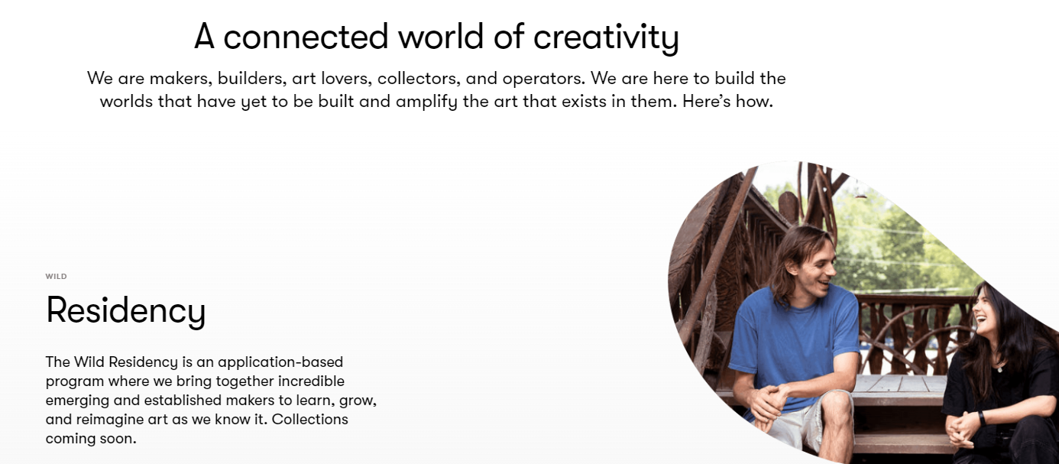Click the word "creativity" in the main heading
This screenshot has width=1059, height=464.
[606, 37]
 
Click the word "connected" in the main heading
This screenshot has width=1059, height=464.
[306, 37]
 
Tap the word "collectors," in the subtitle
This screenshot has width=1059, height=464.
[419, 79]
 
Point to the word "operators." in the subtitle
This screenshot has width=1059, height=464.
[544, 79]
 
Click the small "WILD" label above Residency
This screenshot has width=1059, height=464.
[57, 276]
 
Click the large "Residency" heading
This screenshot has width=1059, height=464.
[126, 311]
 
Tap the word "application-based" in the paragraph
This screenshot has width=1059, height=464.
[280, 363]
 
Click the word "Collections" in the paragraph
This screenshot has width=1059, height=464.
[309, 419]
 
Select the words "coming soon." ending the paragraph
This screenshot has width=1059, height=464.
[91, 439]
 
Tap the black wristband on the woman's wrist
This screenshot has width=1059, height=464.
[982, 418]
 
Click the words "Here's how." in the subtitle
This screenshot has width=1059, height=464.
[727, 101]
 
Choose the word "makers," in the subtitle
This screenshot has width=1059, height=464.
[181, 79]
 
